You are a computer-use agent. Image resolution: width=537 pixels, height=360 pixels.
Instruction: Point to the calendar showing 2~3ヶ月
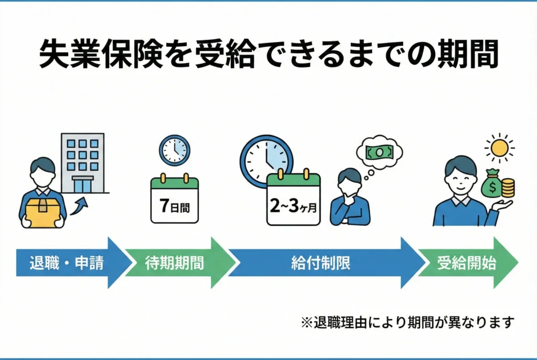293,201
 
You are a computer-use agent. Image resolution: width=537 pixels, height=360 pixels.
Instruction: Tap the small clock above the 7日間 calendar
175,150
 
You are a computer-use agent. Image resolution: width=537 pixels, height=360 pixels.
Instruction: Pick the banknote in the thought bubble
379,151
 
